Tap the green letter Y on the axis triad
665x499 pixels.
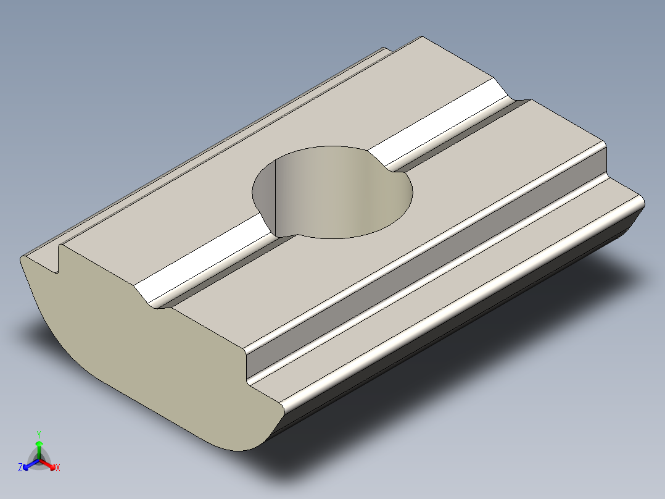pos(38,434)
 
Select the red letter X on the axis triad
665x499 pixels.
pos(57,468)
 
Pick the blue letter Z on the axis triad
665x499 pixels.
pos(20,468)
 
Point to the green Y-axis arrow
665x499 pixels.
pos(38,446)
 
